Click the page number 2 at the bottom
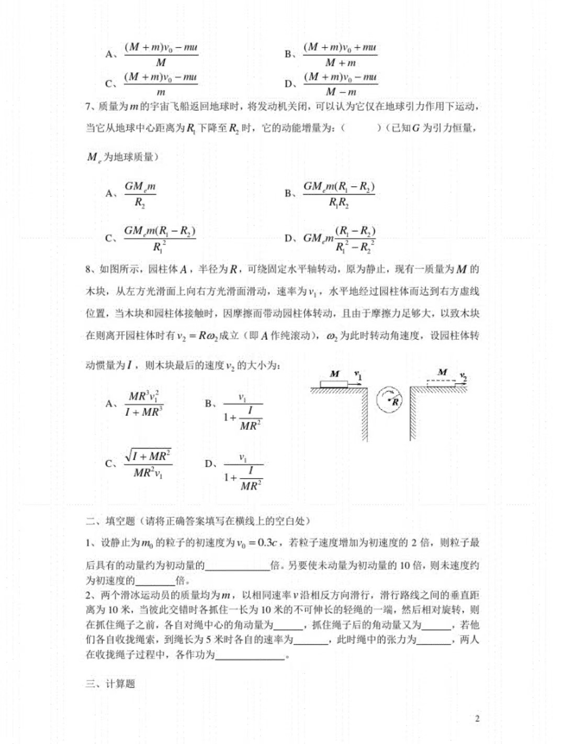[477, 718]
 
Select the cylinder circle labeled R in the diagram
[389, 401]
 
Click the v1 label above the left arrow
[358, 375]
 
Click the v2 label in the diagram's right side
[463, 376]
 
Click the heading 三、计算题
[110, 683]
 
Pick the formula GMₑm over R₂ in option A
[140, 194]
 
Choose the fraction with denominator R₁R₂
[339, 194]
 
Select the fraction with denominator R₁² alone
[160, 238]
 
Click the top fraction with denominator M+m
[340, 54]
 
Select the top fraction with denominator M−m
[341, 84]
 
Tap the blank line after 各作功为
[250, 655]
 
